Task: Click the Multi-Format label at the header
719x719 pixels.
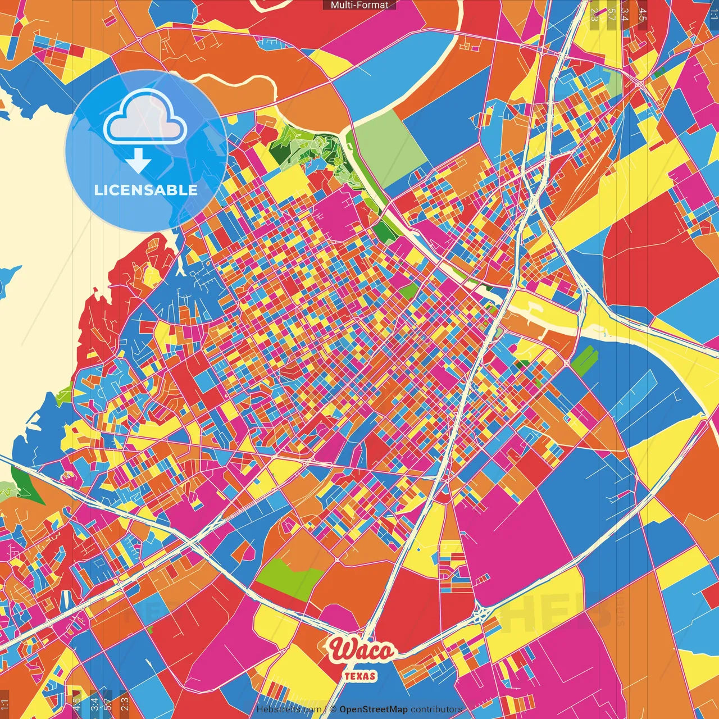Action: [359, 5]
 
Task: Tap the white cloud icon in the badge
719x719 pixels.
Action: [145, 116]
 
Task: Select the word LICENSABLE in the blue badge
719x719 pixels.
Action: [145, 190]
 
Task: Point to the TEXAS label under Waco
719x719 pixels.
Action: [360, 676]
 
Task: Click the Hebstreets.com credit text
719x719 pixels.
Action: [289, 709]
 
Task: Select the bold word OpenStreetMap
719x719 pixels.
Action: [373, 709]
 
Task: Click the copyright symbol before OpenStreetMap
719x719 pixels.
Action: [333, 709]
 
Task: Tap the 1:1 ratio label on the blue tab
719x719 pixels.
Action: [713, 11]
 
